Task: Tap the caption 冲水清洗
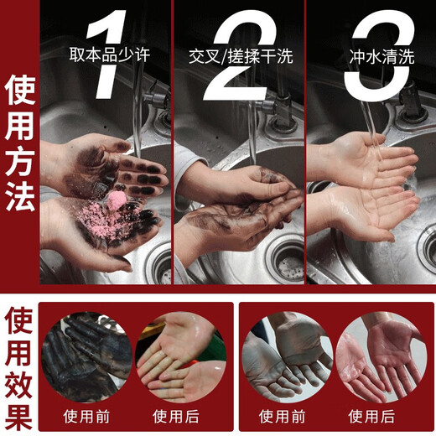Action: (374, 58)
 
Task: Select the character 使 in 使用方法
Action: (20, 89)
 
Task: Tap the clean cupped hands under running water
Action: (369, 189)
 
